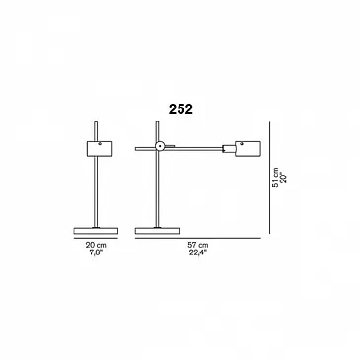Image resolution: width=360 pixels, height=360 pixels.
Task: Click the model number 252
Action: pos(180,109)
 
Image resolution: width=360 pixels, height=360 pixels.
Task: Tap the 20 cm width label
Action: pos(96,245)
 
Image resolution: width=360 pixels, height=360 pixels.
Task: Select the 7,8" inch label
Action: pos(96,252)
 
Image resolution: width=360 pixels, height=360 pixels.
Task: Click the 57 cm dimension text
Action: pos(198,245)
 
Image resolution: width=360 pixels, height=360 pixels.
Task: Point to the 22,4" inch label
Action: pos(198,252)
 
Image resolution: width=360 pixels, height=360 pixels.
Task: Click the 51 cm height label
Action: pos(275,178)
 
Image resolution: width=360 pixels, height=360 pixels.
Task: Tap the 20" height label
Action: pos(284,178)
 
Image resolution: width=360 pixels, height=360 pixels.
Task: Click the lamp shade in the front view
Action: pos(100,148)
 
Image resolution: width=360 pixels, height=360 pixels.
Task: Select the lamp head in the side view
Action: pos(248,148)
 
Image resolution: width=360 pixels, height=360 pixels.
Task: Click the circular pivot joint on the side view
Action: pos(160,146)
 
